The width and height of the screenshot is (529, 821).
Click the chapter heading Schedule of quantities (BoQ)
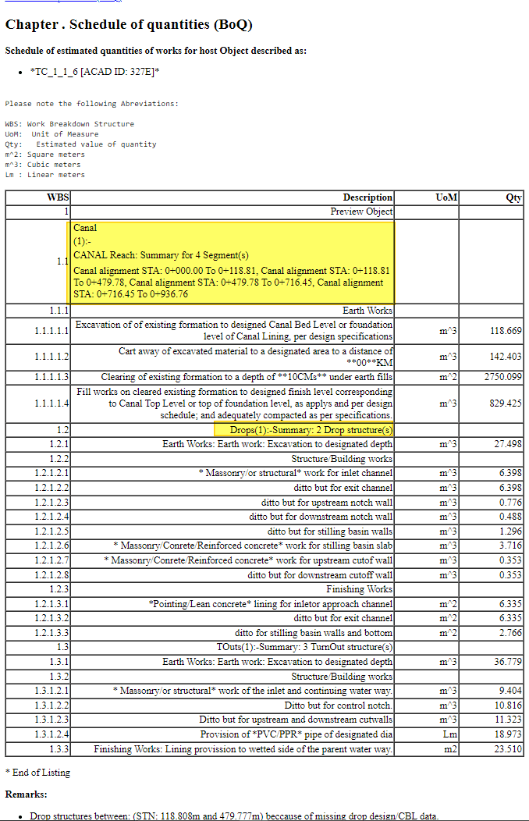(x=129, y=24)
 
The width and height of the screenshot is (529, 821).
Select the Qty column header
(x=513, y=197)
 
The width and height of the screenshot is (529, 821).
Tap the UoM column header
(x=446, y=197)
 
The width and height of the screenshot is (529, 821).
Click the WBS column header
(x=58, y=197)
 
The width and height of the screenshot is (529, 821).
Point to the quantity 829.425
(x=506, y=403)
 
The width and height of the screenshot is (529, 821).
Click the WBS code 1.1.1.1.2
(x=51, y=357)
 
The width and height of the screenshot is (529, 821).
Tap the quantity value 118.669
(x=506, y=331)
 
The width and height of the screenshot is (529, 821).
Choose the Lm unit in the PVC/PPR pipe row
(x=448, y=734)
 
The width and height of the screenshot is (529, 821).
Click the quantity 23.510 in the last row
(x=508, y=749)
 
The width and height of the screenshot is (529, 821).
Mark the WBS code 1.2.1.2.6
(x=51, y=546)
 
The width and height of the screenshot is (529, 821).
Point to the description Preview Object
(x=361, y=211)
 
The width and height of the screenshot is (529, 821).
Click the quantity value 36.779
(x=508, y=662)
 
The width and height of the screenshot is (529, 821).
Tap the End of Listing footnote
(x=37, y=772)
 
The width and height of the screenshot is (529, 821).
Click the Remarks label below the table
(x=26, y=794)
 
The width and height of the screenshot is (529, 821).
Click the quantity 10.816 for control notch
(x=508, y=705)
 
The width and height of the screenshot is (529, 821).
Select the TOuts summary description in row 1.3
(x=304, y=647)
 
